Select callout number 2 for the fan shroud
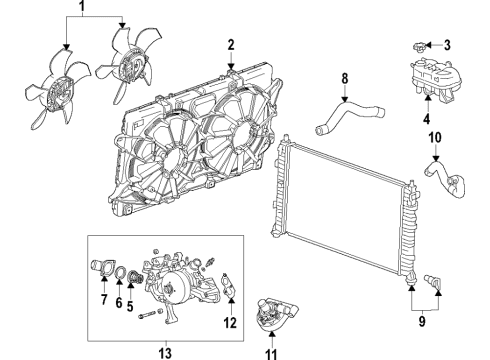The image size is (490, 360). coord(230,44)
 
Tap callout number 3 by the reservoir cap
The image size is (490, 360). coord(448,44)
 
